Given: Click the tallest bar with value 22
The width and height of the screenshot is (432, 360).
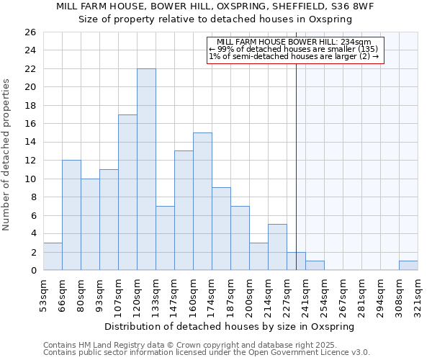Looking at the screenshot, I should click(x=146, y=169).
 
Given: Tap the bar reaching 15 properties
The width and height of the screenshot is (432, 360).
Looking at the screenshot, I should click(x=202, y=202).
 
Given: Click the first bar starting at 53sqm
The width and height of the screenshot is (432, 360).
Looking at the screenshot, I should click(x=53, y=256).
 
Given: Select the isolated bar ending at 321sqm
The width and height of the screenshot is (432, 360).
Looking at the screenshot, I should click(x=408, y=266).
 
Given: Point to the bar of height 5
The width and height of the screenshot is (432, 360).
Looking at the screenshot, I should click(x=277, y=247).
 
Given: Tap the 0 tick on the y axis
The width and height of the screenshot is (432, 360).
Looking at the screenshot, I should click(x=32, y=271).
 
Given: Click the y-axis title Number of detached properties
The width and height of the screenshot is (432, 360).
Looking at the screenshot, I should click(x=7, y=151).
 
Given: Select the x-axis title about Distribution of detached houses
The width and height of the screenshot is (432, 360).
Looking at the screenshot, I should click(x=230, y=326).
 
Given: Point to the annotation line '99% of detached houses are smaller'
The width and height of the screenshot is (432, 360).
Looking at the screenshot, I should click(x=293, y=50).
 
